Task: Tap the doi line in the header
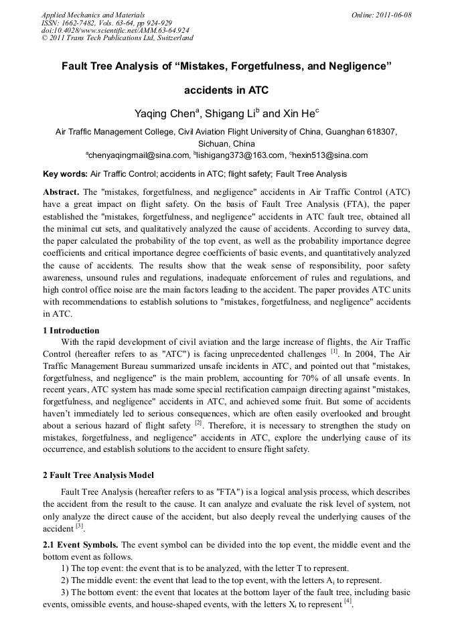[115, 30]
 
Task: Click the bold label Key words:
[65, 174]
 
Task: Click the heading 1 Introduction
[71, 331]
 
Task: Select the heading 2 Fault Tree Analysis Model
[98, 475]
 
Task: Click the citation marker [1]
[334, 351]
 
